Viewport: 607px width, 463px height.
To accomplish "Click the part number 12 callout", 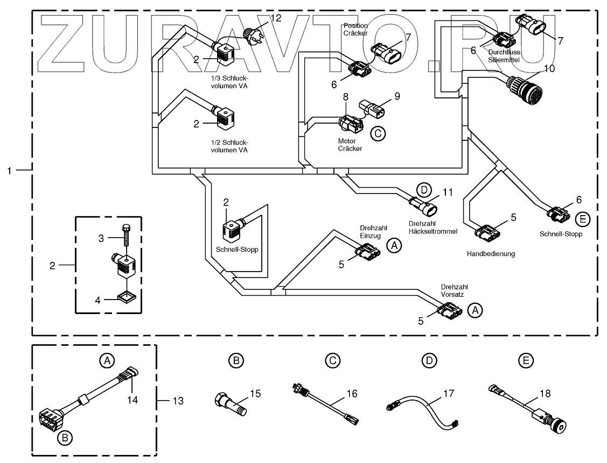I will coord(276,19).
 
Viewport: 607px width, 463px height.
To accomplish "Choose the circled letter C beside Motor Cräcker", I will coord(378,133).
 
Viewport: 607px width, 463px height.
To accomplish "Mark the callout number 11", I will coord(448,192).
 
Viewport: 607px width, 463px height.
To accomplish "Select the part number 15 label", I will coord(255,394).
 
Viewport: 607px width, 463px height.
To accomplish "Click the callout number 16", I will coord(352,394).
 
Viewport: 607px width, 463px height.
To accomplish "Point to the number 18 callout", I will coord(545,394).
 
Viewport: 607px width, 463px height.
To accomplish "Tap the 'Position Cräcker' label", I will coord(355,29).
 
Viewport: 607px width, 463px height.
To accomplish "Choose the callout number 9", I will coord(397,97).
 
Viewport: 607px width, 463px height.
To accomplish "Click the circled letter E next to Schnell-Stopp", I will coord(582,219).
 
